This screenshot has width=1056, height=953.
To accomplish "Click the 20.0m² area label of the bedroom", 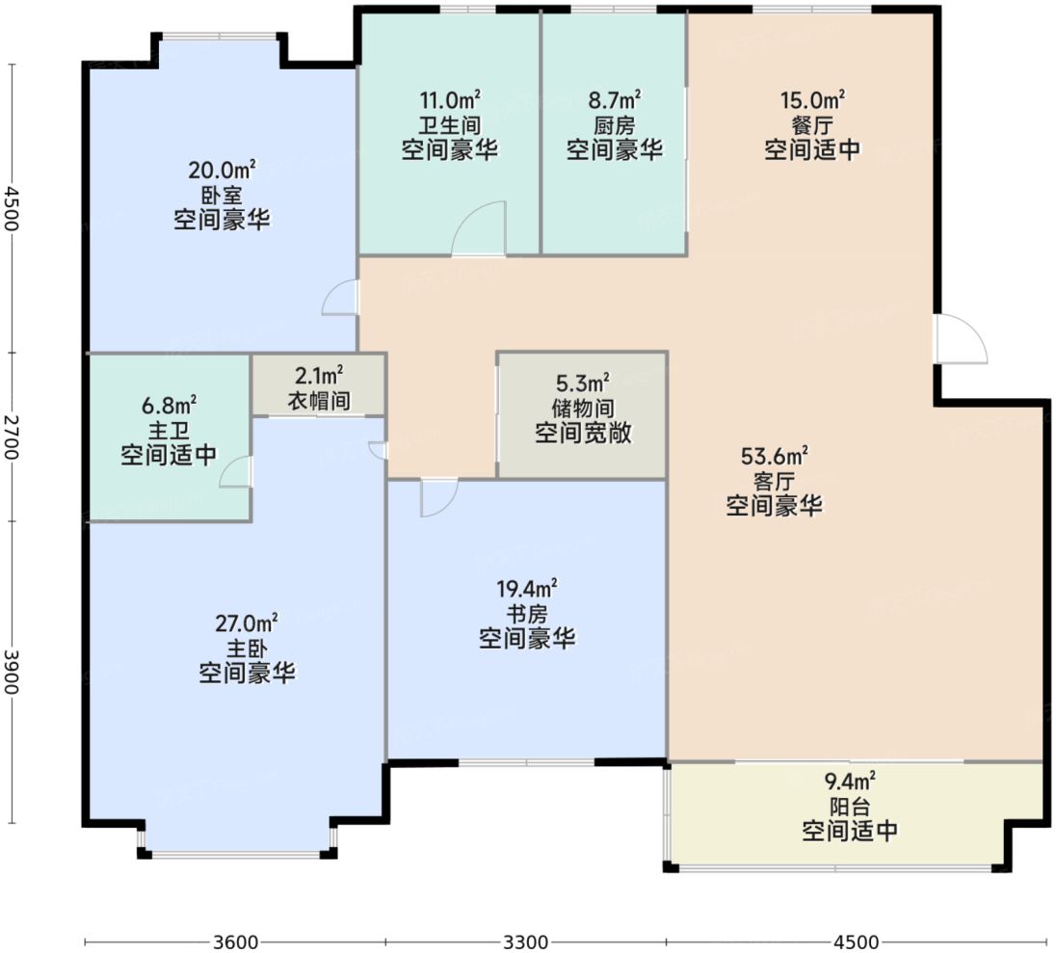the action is tap(222, 170).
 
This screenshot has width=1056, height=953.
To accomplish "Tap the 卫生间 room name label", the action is tap(449, 125).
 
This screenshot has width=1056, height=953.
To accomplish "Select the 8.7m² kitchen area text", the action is tap(614, 100).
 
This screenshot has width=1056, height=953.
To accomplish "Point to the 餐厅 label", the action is tap(812, 125).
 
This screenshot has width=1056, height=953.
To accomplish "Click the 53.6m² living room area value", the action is tap(774, 456).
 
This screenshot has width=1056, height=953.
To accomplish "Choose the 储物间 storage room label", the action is tap(583, 409).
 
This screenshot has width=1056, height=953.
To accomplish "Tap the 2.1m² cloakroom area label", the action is tap(319, 375).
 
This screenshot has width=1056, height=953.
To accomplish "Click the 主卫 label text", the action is tap(169, 431).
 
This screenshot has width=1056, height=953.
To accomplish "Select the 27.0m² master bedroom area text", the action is tap(247, 623).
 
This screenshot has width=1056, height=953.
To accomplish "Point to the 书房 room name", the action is tap(527, 614).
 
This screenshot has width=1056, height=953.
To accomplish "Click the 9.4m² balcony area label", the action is tap(850, 781).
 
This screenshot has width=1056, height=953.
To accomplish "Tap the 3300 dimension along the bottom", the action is tap(525, 941).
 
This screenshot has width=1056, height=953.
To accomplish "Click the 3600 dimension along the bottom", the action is tap(236, 941).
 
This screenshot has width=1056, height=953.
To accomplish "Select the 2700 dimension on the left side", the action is tap(11, 437).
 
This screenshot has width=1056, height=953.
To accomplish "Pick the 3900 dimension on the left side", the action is tap(11, 672).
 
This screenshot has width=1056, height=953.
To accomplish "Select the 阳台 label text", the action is tap(850, 807).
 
